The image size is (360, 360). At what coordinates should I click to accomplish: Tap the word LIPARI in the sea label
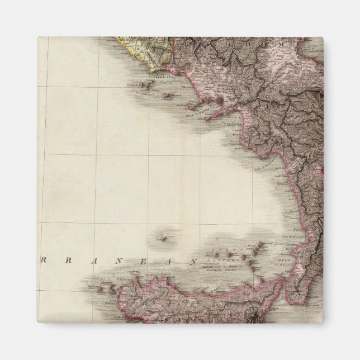pos(217,259)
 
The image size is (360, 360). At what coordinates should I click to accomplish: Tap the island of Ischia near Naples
pos(192,106)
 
